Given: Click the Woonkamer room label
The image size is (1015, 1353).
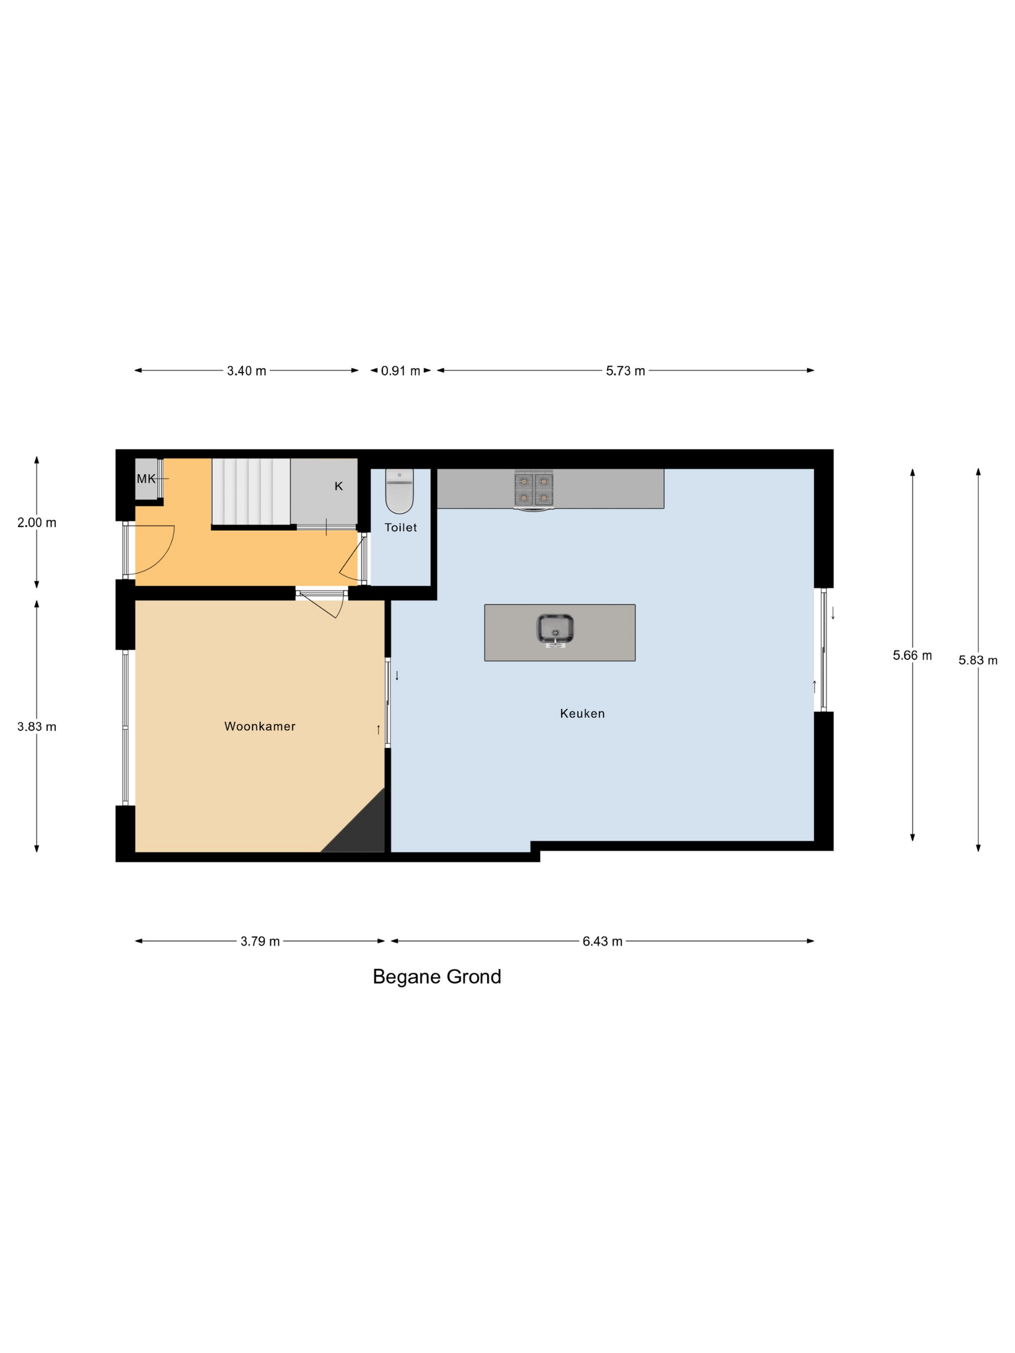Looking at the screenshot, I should pos(260,726).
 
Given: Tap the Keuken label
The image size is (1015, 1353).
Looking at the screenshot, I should pos(582,713).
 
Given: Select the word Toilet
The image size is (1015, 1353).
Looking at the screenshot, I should pos(400,527).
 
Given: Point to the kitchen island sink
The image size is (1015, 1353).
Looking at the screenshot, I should pos(555,630).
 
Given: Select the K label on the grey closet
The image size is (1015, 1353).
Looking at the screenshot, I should pos(338,486).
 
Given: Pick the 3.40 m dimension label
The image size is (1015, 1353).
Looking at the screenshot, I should pos(246,371).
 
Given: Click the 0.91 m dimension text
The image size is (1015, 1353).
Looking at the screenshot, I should pos(400,371).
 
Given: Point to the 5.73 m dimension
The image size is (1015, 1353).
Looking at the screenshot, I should pos(625,371).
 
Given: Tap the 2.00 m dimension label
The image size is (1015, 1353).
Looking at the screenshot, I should pos(37,522).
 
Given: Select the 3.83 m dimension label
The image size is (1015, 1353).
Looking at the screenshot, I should pos(37,727).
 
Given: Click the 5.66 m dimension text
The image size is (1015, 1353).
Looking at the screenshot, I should pos(912,656).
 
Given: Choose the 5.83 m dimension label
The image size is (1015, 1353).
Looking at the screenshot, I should pos(978,661).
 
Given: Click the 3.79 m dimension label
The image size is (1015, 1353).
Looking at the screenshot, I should pos(260,941).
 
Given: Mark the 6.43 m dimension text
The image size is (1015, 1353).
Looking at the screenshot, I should pos(602,941).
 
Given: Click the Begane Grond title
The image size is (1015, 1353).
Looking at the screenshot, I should pos(437,977).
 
